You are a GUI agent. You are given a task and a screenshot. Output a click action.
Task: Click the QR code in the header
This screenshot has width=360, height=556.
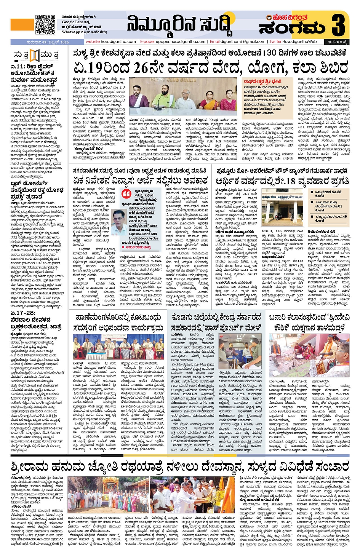click(45, 25)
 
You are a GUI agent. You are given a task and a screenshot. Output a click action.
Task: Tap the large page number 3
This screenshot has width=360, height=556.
click(340, 25)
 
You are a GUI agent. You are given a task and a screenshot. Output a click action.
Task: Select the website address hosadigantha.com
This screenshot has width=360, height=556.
click(111, 42)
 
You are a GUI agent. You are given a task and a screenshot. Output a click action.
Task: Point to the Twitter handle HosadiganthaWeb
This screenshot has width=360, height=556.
click(293, 42)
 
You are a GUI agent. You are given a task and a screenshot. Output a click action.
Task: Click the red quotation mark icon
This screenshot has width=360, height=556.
click(126, 194)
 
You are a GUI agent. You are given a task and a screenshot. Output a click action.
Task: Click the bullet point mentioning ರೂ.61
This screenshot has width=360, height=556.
click(328, 206)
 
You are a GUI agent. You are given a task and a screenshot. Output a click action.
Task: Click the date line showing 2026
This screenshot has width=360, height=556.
click(48, 42)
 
